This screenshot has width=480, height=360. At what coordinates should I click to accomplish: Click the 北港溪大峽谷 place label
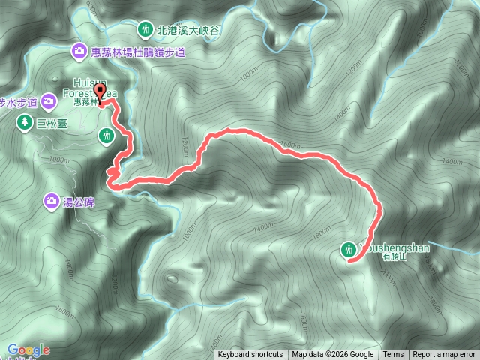187,31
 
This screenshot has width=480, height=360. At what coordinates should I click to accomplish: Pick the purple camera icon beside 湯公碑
51,200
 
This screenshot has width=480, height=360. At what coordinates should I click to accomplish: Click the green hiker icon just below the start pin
106,135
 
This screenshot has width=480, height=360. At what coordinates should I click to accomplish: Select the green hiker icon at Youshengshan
349,249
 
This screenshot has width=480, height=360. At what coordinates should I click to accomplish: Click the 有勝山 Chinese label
393,256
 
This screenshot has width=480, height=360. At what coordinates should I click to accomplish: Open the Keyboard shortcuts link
250,355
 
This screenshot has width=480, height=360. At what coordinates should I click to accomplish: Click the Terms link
393,355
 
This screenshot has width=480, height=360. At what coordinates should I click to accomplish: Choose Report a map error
445,355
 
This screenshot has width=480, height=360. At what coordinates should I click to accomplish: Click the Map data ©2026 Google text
333,355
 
